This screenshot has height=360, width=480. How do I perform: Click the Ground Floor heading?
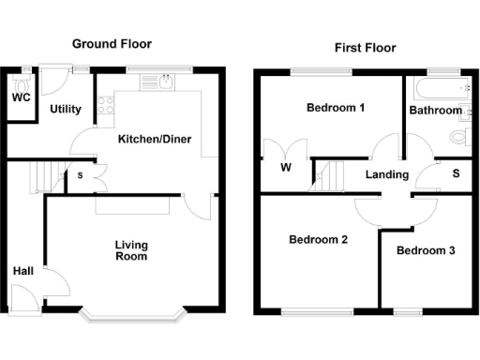point(112,44)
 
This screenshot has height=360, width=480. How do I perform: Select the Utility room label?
point(66,110)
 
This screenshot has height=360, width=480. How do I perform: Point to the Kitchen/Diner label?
point(155,140)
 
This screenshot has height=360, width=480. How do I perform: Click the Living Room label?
point(131,250)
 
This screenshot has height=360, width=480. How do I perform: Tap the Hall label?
point(24,272)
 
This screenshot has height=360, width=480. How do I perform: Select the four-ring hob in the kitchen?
point(107,104)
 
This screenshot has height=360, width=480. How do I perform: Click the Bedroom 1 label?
point(336,108)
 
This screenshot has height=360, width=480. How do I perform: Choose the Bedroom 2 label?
point(318,240)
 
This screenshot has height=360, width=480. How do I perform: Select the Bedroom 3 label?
point(426,251)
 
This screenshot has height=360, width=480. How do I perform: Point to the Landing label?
point(387,174)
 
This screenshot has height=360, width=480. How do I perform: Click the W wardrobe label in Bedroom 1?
point(285,171)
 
